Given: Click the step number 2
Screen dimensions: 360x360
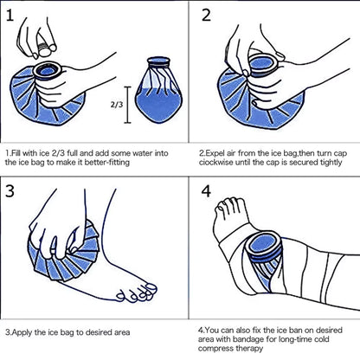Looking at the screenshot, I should [x=207, y=17].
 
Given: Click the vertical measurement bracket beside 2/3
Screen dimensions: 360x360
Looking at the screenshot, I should [x=128, y=104].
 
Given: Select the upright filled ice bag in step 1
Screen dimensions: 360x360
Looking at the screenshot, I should [x=161, y=93].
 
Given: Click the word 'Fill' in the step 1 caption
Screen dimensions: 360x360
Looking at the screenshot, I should [x=17, y=152].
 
